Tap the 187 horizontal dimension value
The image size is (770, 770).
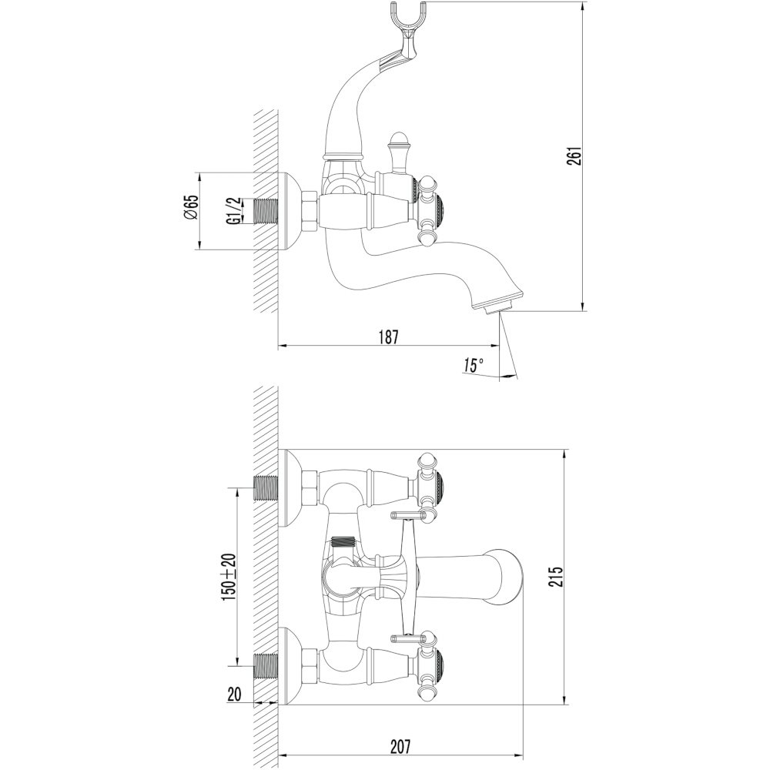tap(388, 337)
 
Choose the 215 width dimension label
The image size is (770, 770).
tap(556, 577)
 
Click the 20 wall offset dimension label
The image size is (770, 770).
tap(235, 695)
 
